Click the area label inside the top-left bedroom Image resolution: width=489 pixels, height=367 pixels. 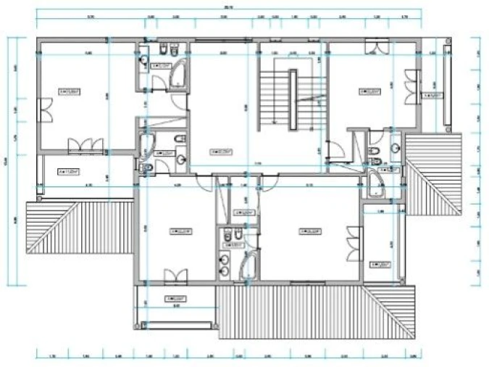point(70,92)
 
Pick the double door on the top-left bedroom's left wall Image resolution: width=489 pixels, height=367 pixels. point(46,113)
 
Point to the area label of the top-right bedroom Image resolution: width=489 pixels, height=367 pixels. point(371,91)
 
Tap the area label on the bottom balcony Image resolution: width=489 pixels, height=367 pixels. point(175,298)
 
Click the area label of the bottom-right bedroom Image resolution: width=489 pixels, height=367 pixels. point(309,232)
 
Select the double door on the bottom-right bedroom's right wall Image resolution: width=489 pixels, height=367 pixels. point(353,244)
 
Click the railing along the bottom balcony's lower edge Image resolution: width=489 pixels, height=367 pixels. point(178,324)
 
